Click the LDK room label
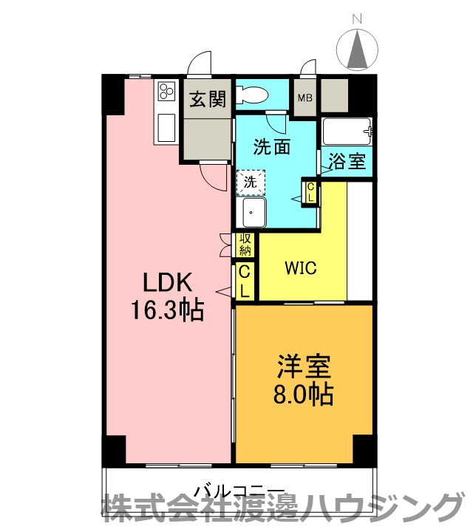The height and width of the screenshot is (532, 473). click(x=167, y=282)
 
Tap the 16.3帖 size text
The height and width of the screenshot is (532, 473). click(x=167, y=310)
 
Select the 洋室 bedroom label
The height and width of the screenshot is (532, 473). click(x=304, y=366)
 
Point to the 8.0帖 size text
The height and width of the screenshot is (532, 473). click(x=303, y=395)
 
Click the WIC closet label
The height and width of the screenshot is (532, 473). click(x=301, y=268)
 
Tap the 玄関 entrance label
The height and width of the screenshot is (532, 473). click(x=208, y=100)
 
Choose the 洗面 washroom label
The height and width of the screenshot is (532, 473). click(x=272, y=147)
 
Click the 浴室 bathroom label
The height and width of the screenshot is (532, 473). click(x=347, y=161)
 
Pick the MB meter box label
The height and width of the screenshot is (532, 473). click(x=304, y=98)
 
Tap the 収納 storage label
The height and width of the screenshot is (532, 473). click(x=245, y=245)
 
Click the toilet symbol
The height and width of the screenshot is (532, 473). click(x=253, y=95)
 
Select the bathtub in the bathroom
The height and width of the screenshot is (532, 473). click(x=347, y=132)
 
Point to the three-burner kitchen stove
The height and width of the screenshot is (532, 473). click(x=166, y=91)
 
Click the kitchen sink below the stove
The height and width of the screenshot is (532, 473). click(x=166, y=128)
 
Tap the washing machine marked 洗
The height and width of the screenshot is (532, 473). click(x=251, y=183)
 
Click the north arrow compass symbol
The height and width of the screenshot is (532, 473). click(x=357, y=50)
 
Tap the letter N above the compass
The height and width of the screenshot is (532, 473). click(x=357, y=19)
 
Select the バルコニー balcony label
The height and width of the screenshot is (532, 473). click(x=239, y=491)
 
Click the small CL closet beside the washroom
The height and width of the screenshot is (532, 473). click(x=310, y=193)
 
